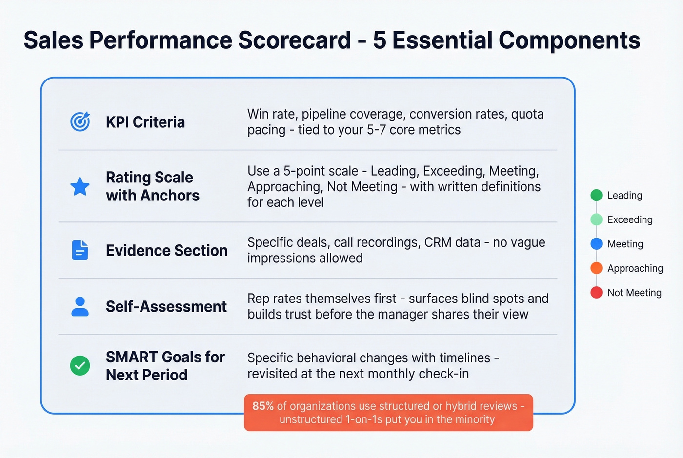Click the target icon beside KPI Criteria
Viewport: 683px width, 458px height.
point(80,121)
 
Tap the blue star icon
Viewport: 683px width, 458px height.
point(80,186)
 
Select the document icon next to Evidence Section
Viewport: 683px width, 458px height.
point(80,250)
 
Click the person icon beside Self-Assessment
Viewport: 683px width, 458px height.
point(80,306)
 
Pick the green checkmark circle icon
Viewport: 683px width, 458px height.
point(80,365)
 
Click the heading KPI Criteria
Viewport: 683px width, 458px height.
point(145,122)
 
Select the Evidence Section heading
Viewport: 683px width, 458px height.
point(166,250)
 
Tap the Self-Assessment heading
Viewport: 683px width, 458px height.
point(166,306)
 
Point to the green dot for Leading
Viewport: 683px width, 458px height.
point(596,195)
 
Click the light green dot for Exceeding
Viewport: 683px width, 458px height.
point(596,219)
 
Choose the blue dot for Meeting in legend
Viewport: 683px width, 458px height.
point(596,244)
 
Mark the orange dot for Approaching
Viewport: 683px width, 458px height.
point(596,268)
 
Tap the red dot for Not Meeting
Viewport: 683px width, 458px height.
point(596,293)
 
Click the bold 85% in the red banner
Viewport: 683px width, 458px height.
point(263,406)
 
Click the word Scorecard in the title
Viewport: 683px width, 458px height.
point(294,40)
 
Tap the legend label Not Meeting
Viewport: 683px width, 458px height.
point(634,293)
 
